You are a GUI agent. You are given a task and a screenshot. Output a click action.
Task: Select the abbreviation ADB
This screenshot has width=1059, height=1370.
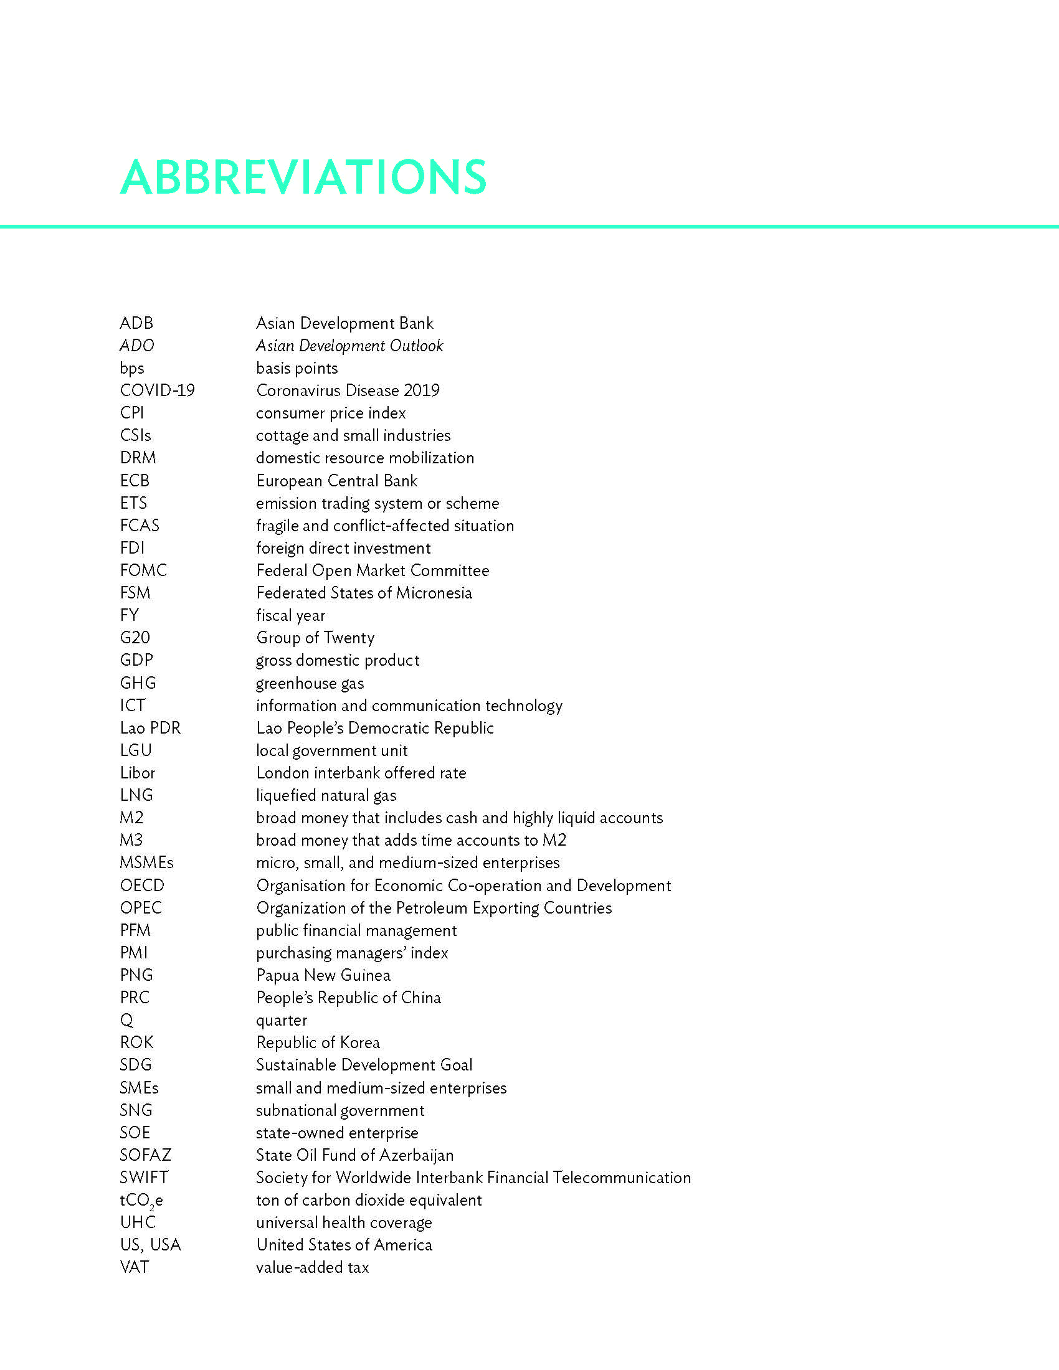[x=136, y=323]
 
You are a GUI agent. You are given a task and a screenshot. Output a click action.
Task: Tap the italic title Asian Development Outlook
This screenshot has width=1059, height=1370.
[x=349, y=346]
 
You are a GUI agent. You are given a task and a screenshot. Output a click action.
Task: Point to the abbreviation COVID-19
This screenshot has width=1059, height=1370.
[x=157, y=390]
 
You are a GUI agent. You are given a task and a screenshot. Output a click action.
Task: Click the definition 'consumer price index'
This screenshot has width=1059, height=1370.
[x=331, y=413]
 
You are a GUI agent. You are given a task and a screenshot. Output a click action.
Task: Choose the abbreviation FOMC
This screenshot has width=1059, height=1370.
[x=143, y=570]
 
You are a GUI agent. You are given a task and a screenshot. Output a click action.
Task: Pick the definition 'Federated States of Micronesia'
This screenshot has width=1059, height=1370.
[x=364, y=593]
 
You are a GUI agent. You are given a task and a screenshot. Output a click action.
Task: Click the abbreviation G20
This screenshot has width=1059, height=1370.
[x=135, y=638]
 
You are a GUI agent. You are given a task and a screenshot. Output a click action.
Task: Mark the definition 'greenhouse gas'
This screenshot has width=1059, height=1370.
[x=310, y=683]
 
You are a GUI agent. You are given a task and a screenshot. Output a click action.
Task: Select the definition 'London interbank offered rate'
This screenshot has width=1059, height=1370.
[x=361, y=773]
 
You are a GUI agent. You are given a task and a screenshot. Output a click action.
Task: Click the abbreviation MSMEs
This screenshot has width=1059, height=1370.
[x=146, y=862]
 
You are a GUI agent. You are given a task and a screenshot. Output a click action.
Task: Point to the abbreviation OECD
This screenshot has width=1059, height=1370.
[x=142, y=885]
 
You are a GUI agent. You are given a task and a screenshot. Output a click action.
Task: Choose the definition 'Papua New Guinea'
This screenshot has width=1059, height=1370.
[x=323, y=975]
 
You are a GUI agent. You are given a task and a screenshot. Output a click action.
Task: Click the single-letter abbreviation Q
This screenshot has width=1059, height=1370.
[x=126, y=1021]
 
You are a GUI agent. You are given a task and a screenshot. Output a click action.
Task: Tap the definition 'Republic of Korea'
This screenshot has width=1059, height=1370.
[x=318, y=1042]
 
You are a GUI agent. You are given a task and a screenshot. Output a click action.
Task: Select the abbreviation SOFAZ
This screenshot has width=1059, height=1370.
[x=145, y=1155]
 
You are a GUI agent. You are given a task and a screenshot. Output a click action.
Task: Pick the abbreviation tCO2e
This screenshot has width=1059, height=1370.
[x=141, y=1201]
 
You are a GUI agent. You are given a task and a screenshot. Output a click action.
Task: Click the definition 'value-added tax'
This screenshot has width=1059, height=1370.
[x=313, y=1267]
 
